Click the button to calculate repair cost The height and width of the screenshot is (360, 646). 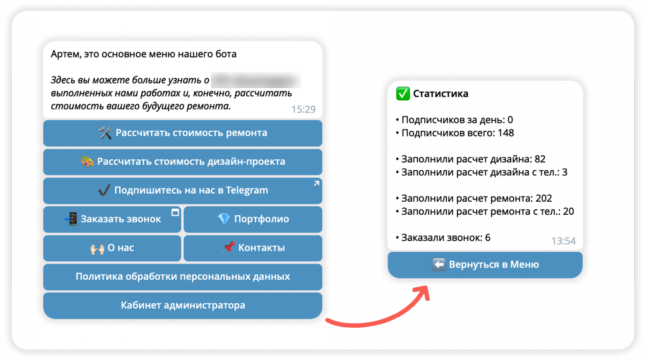182,133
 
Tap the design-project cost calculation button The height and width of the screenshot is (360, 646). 182,161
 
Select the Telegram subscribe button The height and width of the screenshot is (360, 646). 182,190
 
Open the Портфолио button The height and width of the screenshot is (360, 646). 253,219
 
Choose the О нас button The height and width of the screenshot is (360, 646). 112,248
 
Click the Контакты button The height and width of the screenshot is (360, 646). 253,248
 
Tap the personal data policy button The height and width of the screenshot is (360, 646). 182,276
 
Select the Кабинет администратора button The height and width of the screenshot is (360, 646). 182,305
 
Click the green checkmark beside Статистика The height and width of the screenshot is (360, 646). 403,94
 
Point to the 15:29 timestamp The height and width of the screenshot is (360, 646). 303,109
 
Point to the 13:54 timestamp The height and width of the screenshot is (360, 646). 563,241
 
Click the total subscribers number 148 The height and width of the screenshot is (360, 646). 505,133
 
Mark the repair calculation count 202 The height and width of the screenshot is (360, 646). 543,199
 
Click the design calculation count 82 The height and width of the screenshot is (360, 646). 540,159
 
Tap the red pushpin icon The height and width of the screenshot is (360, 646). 229,247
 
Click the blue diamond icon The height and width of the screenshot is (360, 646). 224,219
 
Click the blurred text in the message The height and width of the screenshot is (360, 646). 256,80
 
